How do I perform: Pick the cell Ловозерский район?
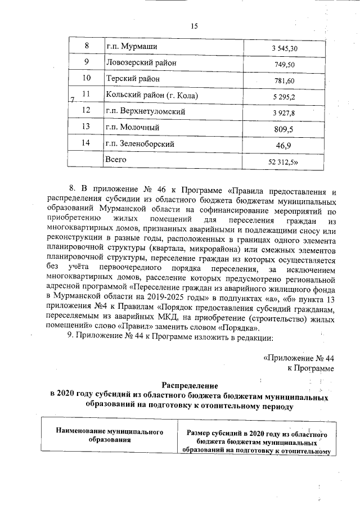[141, 62]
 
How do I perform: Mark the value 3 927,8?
[284, 113]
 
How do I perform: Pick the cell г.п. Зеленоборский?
[140, 143]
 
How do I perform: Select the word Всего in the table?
[116, 160]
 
